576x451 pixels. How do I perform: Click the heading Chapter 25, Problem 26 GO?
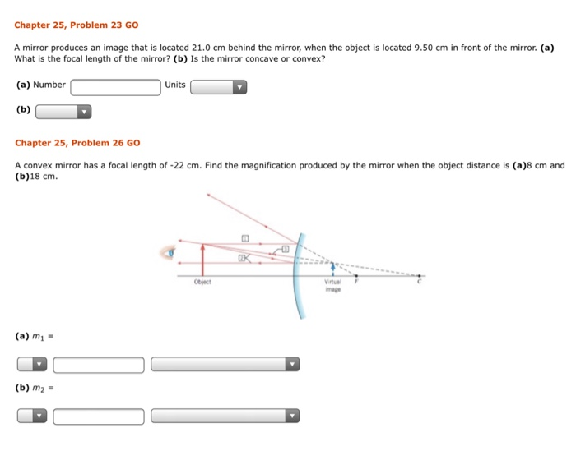tap(77, 143)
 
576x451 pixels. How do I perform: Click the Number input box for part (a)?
tap(115, 85)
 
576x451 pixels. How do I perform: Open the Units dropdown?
tap(218, 86)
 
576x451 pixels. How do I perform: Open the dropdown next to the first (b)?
tap(63, 112)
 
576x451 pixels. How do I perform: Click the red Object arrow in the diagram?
tap(202, 257)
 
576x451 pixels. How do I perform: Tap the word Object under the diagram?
tap(203, 281)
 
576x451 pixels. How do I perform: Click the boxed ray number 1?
tap(244, 237)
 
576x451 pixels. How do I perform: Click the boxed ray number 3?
tap(286, 248)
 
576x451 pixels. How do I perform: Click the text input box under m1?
tap(99, 364)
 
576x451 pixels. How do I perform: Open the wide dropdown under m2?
tap(225, 416)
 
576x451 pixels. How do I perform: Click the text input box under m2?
tap(99, 416)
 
